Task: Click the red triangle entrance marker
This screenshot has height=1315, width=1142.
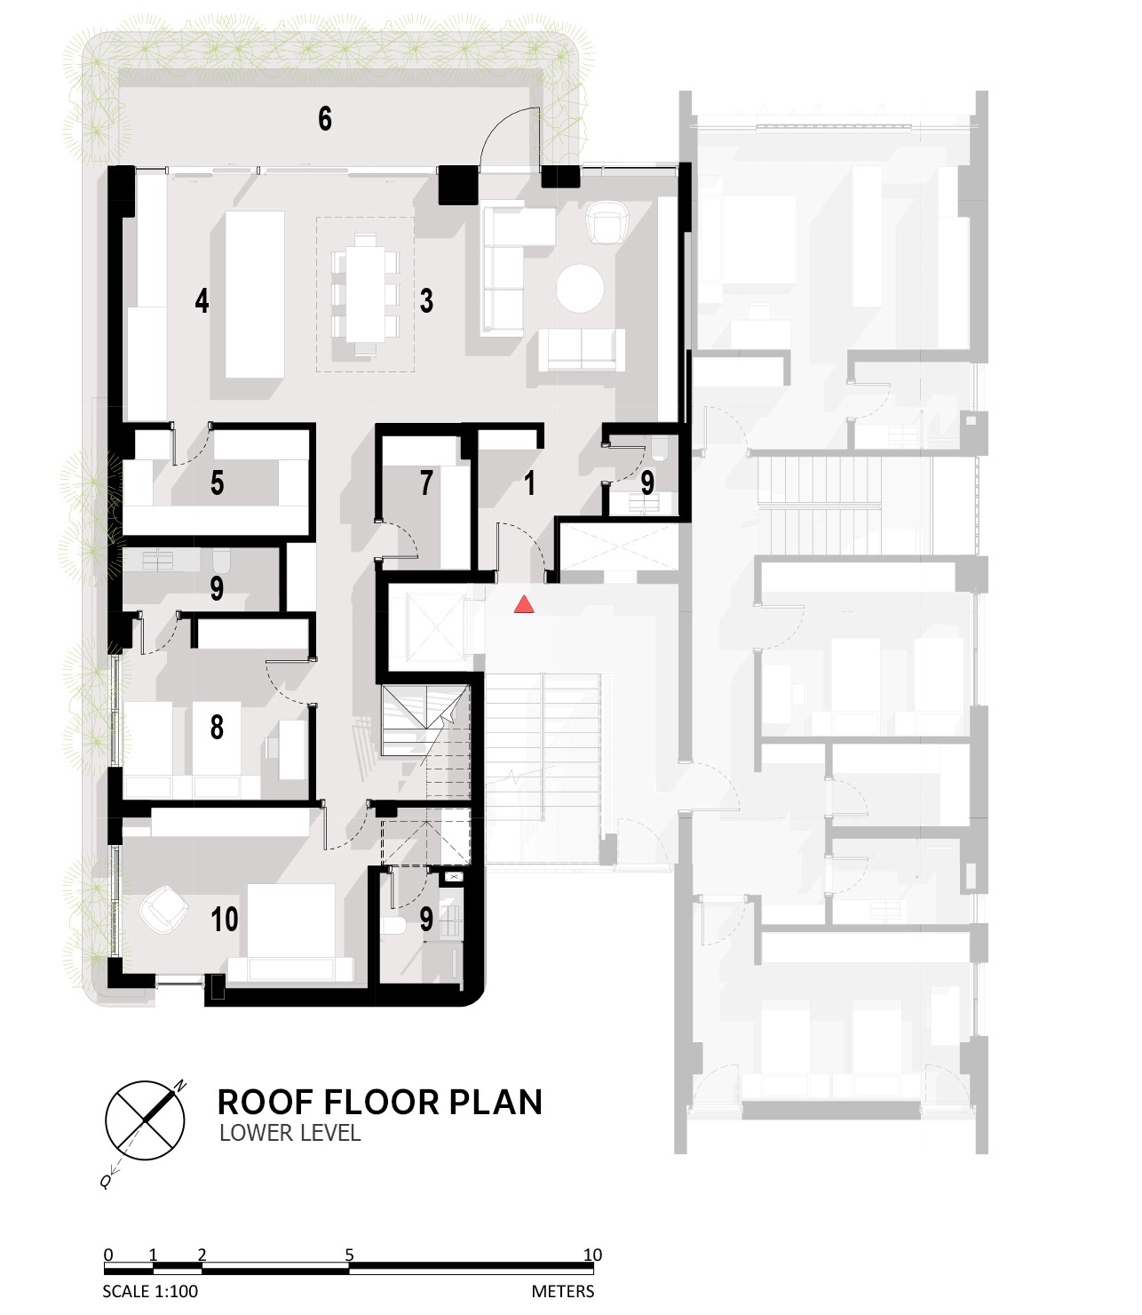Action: click(x=524, y=605)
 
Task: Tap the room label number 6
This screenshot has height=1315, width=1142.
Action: click(x=325, y=119)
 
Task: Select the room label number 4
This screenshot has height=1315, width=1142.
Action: click(x=202, y=301)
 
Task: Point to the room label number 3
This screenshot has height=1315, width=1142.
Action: click(x=426, y=301)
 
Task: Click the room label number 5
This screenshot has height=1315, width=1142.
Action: click(x=217, y=482)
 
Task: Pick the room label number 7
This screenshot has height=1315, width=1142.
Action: click(x=426, y=482)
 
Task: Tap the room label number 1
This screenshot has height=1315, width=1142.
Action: click(x=530, y=482)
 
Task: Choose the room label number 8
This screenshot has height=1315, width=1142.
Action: click(x=217, y=727)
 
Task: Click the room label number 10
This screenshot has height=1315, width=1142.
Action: click(x=224, y=920)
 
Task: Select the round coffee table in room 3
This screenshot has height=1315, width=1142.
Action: click(x=580, y=289)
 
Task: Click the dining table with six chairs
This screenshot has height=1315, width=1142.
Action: click(x=365, y=294)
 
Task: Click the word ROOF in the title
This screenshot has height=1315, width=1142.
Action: click(x=266, y=1102)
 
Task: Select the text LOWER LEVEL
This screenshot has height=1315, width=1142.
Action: click(x=290, y=1133)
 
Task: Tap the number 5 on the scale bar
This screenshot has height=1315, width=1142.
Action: click(x=349, y=1255)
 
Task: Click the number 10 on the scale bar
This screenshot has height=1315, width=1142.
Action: click(x=593, y=1255)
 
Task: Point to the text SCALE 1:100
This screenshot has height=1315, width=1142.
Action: click(x=150, y=1291)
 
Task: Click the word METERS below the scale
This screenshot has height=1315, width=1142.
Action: click(x=563, y=1291)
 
